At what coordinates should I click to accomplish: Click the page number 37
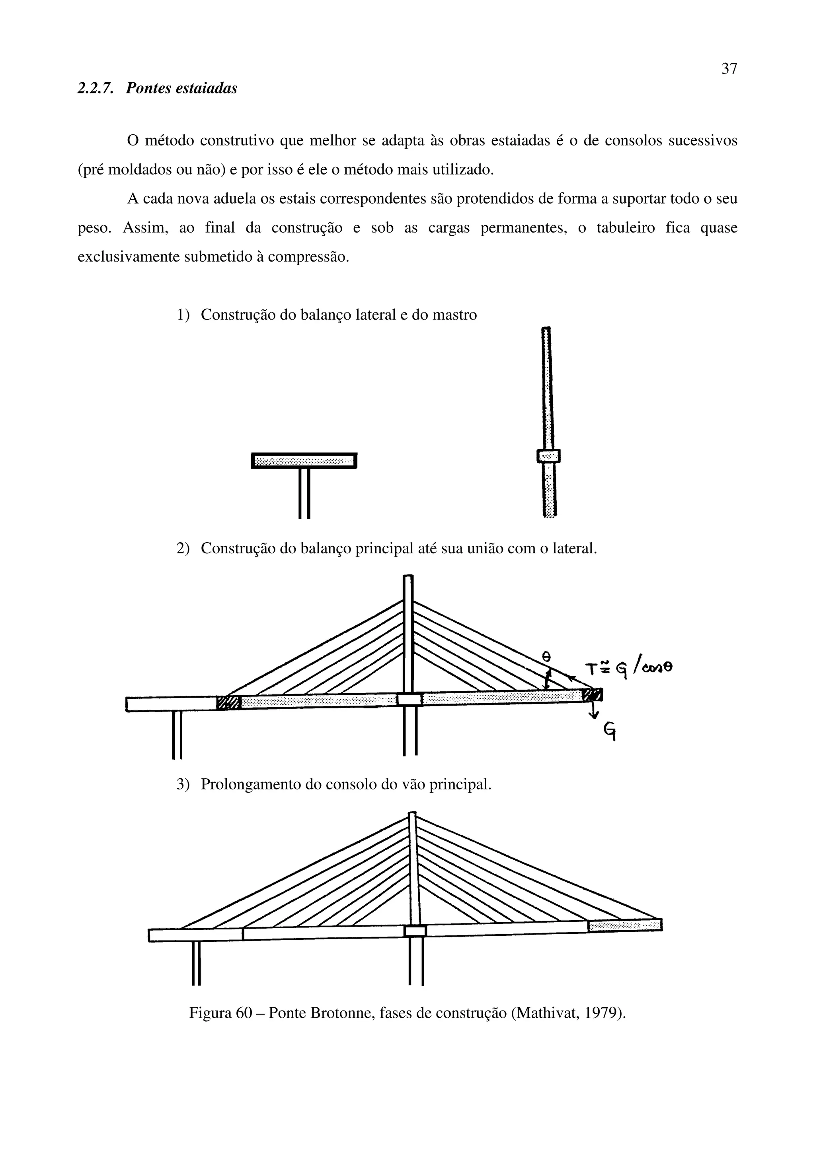(729, 69)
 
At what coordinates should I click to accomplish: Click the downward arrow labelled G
(595, 710)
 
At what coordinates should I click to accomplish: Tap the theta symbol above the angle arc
(547, 656)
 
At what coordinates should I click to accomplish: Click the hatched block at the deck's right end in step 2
(593, 694)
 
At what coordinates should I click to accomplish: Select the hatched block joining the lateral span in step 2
(228, 703)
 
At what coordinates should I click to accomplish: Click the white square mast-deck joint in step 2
(409, 699)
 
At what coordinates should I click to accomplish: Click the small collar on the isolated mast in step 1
(548, 456)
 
